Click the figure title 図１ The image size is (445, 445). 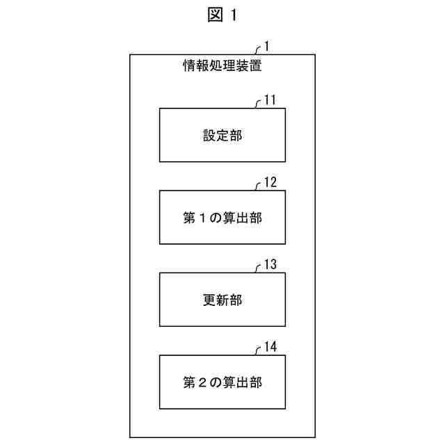pos(222,16)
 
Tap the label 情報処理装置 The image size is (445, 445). pos(222,67)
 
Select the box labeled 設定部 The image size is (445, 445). pos(222,136)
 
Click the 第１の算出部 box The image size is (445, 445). pos(222,218)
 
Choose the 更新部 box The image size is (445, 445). pos(222,300)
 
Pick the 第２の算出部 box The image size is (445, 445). pos(222,382)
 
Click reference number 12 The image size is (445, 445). pos(270,183)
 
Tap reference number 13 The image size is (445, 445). pos(270,265)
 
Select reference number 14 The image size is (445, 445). pos(270,347)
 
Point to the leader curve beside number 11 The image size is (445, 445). pos(258,104)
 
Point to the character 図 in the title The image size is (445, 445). pos(215,16)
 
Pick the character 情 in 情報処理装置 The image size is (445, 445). pos(188,67)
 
